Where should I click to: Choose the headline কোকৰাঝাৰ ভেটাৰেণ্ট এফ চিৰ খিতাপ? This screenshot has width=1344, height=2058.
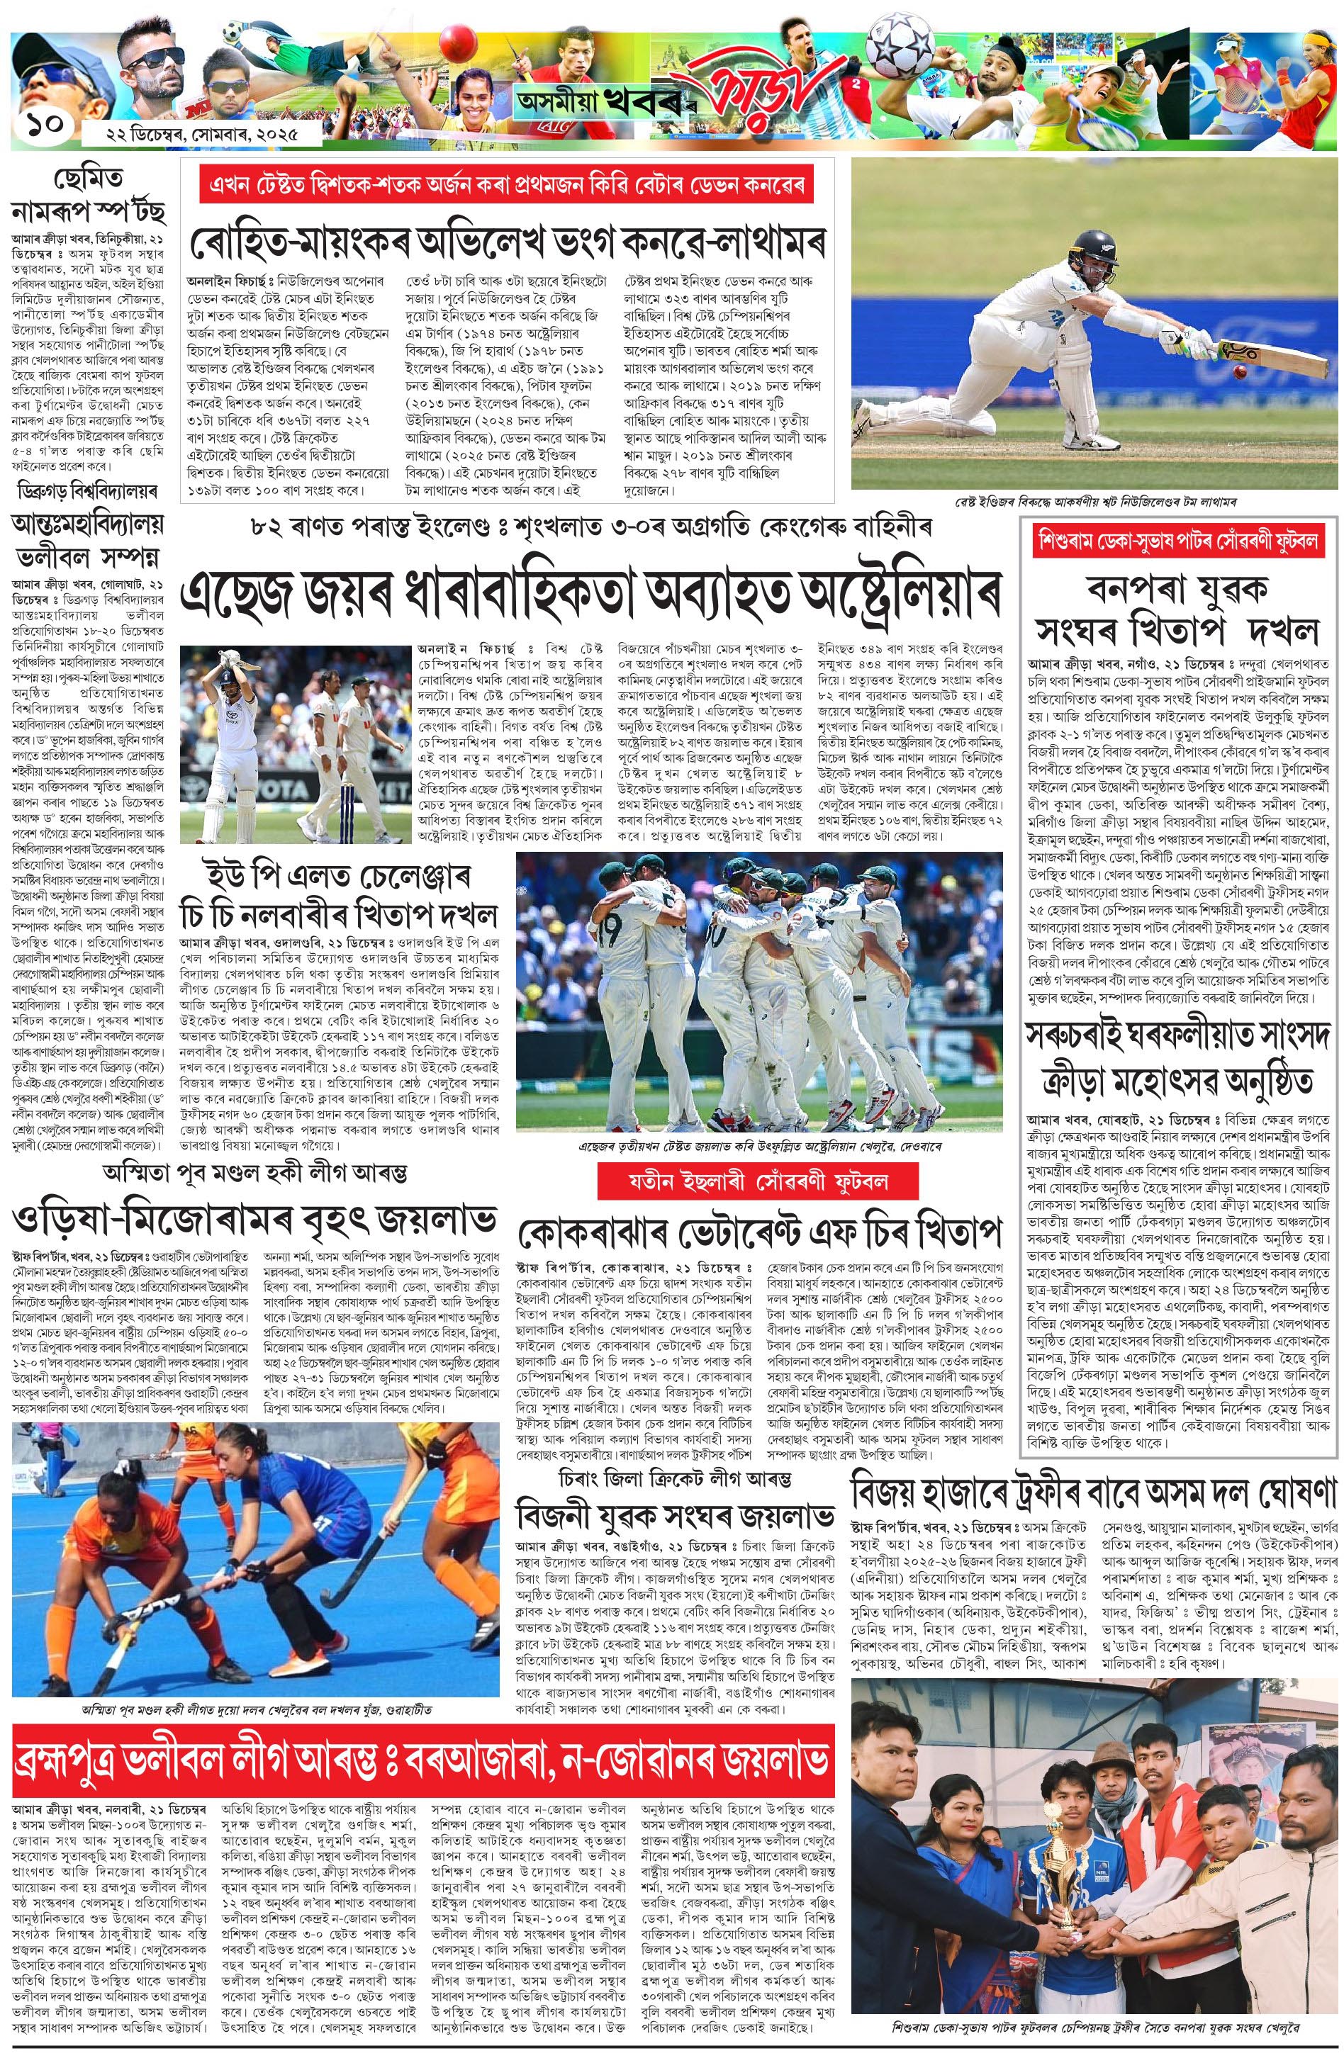(758, 1230)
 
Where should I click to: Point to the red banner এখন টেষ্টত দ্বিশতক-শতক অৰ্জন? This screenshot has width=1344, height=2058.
(507, 187)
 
